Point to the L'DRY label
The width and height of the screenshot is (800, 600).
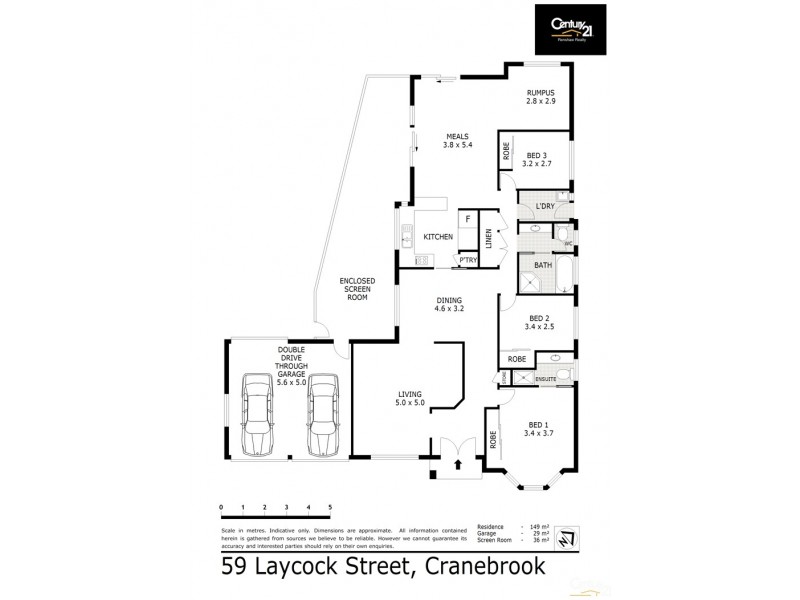[x=545, y=207]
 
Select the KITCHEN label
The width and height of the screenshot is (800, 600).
[x=438, y=237]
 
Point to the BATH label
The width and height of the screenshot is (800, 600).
[x=543, y=265]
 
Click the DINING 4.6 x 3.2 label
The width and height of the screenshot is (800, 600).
[x=447, y=305]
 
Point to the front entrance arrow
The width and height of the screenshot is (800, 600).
[x=459, y=464]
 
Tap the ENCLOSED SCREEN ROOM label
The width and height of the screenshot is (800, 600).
[x=356, y=290]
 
